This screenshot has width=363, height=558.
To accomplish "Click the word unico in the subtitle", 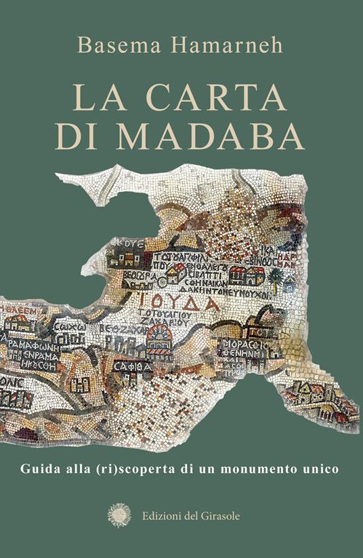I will pos(322,469).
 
